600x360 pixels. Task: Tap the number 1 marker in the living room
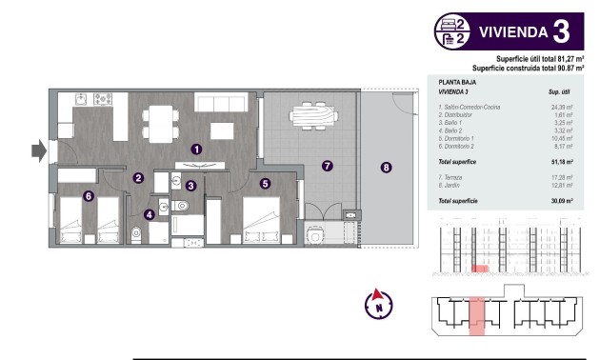[196, 149]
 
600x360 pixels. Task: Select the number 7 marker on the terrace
[327, 166]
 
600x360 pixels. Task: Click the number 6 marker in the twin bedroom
[89, 196]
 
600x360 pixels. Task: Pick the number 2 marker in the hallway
[138, 177]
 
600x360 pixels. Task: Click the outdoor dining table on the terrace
[310, 115]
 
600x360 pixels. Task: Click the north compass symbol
[379, 305]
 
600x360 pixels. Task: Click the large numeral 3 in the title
[561, 31]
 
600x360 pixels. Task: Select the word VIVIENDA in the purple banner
[511, 31]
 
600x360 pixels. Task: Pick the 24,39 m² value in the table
[563, 108]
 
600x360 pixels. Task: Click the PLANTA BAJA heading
[457, 83]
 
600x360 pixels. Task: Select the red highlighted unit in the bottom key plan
[478, 315]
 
